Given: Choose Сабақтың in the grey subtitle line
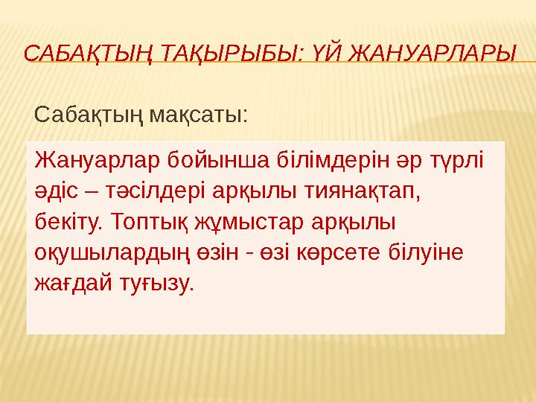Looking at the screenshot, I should point(89,115).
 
